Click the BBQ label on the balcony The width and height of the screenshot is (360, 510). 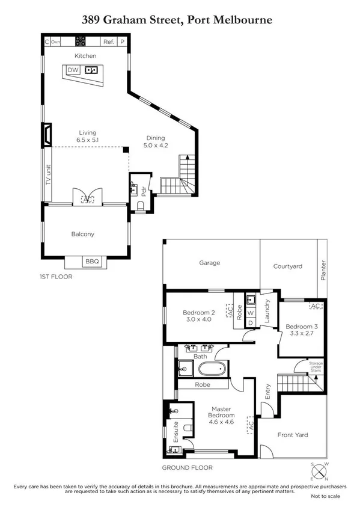coord(92,262)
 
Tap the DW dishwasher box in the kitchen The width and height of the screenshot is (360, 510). coord(73,70)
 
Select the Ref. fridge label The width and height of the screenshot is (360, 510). coord(108,41)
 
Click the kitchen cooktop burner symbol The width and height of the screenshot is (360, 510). coord(81,41)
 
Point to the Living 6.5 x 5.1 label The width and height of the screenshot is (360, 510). coord(87,136)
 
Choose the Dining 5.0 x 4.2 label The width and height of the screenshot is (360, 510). coord(156,141)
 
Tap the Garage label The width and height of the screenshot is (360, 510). coord(210,263)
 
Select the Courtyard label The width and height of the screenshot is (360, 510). coord(287,266)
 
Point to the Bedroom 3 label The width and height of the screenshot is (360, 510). coord(303,330)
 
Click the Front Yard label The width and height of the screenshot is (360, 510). coord(292,434)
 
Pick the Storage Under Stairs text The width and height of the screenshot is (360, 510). coord(316,367)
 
